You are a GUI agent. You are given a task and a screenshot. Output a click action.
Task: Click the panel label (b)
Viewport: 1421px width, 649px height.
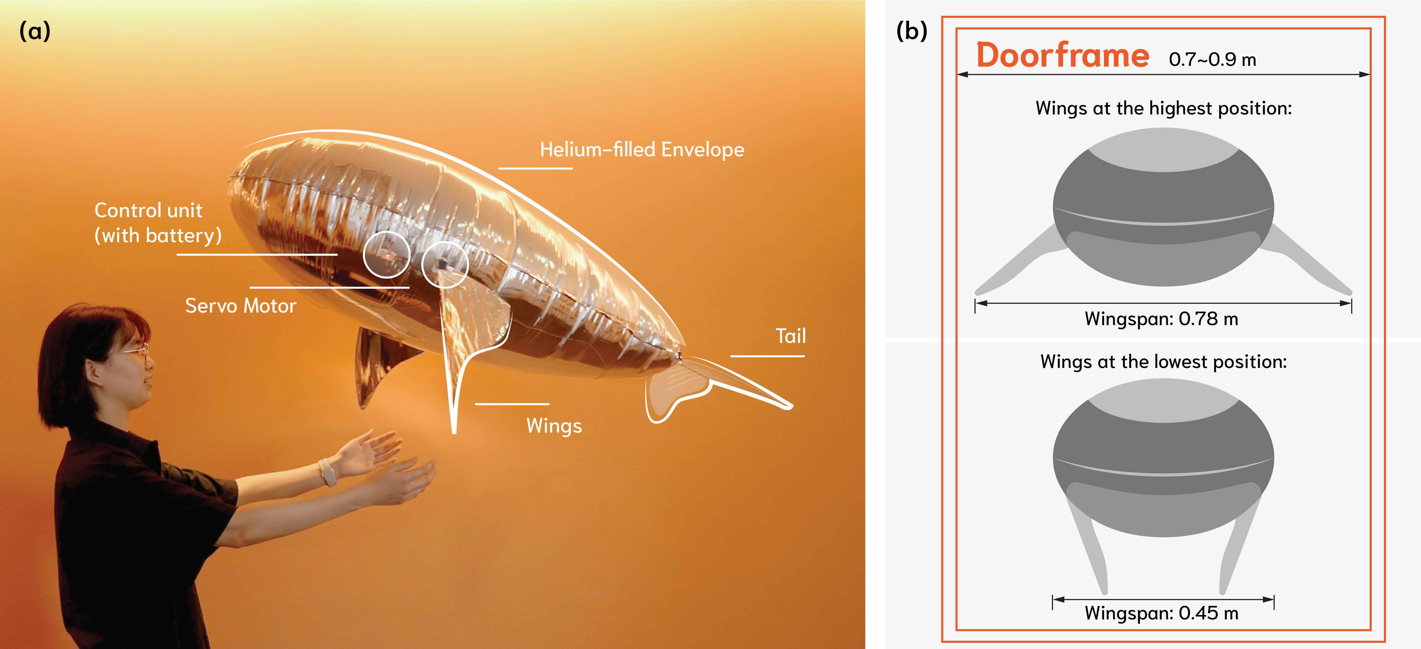[911, 32]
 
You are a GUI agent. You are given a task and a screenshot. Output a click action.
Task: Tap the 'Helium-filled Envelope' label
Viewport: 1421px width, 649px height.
[642, 150]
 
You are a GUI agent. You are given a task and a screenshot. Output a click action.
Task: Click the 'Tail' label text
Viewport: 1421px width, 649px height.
[790, 336]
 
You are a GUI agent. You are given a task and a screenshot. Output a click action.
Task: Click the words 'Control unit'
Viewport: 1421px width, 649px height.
[149, 210]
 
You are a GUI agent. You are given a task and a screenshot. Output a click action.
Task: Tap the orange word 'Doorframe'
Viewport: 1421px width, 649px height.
[1062, 56]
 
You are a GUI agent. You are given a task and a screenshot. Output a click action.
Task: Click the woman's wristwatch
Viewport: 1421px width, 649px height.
[328, 472]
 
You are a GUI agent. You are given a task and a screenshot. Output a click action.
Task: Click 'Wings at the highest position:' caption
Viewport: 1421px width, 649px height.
[1163, 108]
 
